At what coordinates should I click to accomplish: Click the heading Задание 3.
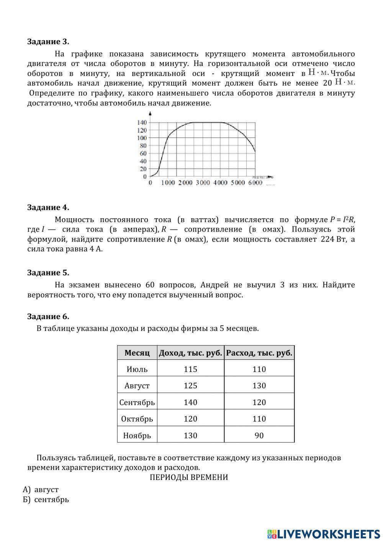click(x=48, y=41)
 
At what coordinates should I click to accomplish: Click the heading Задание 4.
click(x=48, y=208)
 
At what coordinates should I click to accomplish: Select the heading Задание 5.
click(x=48, y=273)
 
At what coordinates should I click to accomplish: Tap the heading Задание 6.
click(x=48, y=316)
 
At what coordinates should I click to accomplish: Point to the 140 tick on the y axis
click(x=142, y=122)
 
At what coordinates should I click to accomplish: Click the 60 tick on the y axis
click(x=143, y=153)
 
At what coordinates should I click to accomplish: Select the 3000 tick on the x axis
click(x=203, y=183)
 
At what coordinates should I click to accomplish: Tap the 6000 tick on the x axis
click(x=255, y=183)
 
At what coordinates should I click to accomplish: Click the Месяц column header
click(x=137, y=353)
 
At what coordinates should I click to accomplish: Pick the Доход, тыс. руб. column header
click(x=190, y=353)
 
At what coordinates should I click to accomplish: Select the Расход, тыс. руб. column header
click(x=259, y=353)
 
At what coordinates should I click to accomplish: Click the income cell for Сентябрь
click(x=190, y=402)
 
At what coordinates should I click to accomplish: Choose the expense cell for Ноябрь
click(x=259, y=435)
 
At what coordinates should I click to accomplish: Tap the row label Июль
click(x=137, y=369)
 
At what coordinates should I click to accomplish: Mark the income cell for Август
click(x=190, y=386)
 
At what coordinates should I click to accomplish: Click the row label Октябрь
click(x=137, y=419)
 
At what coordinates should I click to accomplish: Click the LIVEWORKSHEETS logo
click(x=324, y=534)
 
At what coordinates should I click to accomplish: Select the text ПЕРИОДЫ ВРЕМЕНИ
click(x=188, y=478)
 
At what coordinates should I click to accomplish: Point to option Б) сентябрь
click(x=46, y=499)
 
